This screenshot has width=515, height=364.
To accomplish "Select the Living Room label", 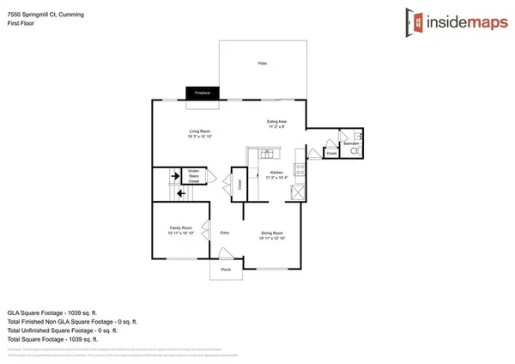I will pos(199,133).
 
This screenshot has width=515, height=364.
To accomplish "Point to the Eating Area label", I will pos(276,124).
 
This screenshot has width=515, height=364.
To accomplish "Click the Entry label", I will pos(225,232).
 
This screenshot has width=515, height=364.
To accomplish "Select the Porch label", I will pos(227,269).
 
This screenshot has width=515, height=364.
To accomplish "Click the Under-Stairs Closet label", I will pos(194,177).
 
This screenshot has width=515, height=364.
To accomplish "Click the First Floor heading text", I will pos(18,17).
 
